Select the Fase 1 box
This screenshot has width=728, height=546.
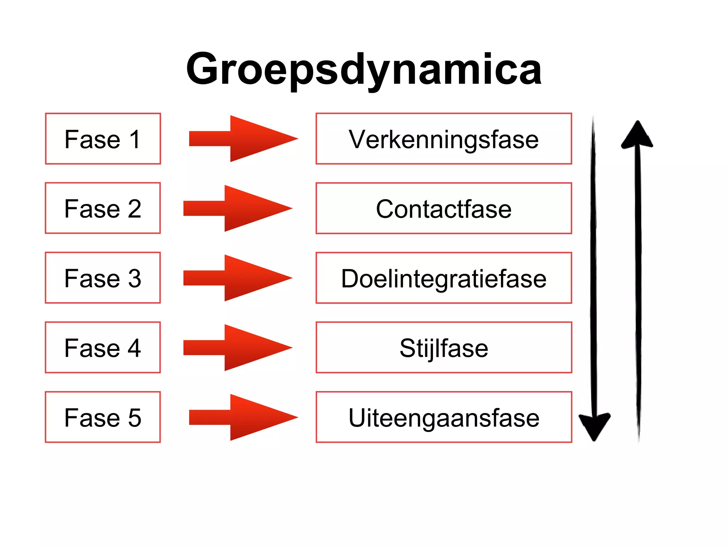pos(103,139)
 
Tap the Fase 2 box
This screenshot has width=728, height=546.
pos(103,208)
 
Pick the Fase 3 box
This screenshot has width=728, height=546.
pos(103,278)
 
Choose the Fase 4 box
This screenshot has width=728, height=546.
pos(103,348)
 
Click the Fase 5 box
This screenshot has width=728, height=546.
pos(103,417)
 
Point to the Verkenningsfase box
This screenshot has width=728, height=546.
pos(444,139)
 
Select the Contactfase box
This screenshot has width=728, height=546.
pos(444,208)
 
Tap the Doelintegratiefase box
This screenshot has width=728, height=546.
pos(444,278)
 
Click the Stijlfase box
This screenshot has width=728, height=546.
pos(444,348)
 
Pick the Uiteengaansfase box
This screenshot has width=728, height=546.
pos(444,417)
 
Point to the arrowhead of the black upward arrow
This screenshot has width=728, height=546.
pos(637,135)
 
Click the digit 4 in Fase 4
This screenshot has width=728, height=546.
pos(134,348)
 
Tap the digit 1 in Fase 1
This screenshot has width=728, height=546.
pos(135,139)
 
